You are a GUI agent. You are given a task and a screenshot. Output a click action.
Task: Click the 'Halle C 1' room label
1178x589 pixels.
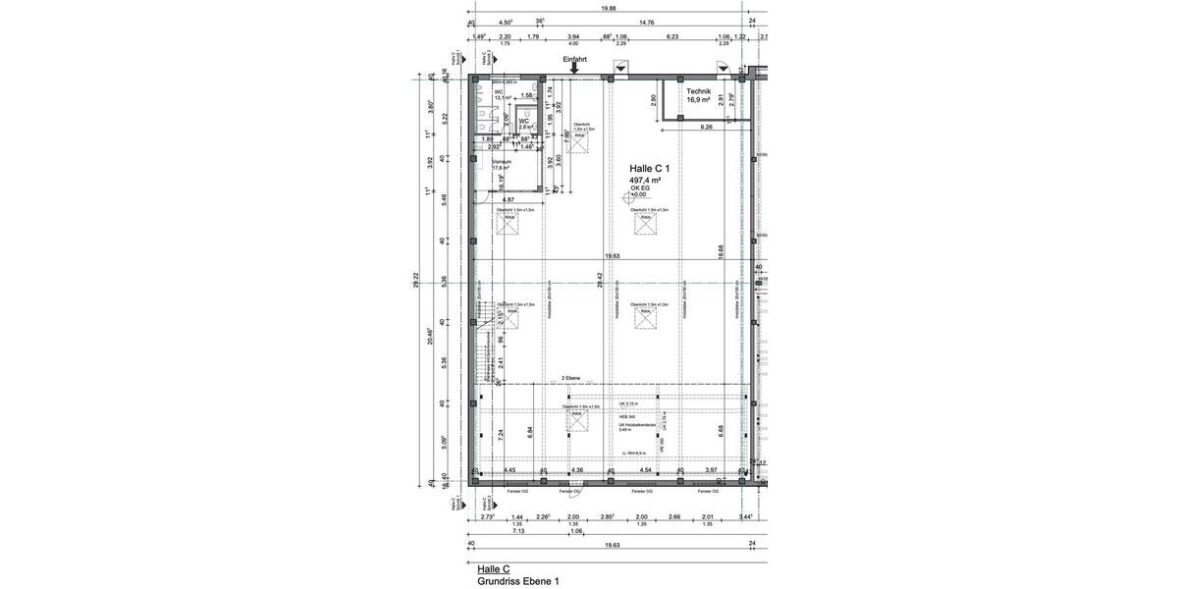(x=649, y=169)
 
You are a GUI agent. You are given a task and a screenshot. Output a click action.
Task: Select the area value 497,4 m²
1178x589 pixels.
(x=644, y=182)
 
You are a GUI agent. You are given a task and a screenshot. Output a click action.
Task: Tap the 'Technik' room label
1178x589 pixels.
(x=699, y=90)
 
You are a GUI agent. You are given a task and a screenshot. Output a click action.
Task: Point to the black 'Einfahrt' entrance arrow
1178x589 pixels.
(x=575, y=69)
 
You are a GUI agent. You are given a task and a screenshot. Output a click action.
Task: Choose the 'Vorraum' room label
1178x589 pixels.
(x=502, y=161)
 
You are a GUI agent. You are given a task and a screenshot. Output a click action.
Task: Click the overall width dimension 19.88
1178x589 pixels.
(x=610, y=8)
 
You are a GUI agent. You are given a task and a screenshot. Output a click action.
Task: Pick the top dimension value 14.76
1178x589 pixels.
(x=647, y=22)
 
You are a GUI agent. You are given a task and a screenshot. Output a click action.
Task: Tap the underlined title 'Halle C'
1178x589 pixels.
(x=493, y=569)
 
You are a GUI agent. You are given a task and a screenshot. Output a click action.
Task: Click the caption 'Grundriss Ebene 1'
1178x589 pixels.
(x=518, y=582)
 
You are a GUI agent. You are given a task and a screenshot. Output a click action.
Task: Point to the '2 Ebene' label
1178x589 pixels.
(x=571, y=378)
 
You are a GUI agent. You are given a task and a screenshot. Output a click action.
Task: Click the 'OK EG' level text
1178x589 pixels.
(x=640, y=189)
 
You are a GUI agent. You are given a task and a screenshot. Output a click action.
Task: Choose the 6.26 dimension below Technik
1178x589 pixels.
(x=706, y=128)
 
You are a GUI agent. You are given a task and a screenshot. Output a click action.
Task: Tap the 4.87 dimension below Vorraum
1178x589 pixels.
(x=509, y=199)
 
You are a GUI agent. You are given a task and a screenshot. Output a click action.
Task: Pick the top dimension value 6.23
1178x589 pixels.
(x=672, y=36)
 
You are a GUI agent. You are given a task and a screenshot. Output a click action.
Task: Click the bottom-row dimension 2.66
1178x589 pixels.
(x=674, y=516)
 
